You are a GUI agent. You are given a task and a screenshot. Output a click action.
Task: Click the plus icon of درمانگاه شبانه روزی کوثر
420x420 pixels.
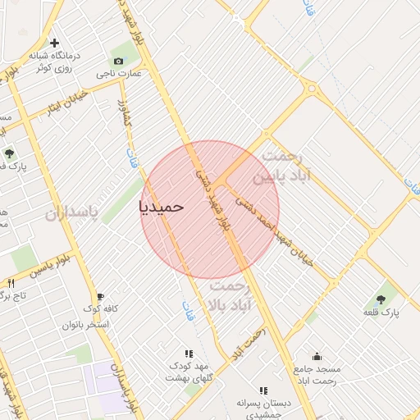[x=55, y=43]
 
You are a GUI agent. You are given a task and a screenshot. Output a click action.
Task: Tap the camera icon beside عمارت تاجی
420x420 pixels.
[x=119, y=62]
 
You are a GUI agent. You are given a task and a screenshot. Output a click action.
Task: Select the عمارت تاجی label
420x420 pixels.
[x=119, y=73]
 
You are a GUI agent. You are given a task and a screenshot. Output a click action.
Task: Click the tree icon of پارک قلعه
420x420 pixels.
[x=381, y=300]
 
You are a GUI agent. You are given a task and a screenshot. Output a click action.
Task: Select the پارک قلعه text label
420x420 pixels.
[x=381, y=313]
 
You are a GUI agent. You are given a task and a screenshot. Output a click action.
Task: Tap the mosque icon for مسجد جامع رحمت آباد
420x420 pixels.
[x=317, y=356]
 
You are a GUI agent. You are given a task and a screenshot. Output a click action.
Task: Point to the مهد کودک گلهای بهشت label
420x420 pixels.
[x=189, y=371]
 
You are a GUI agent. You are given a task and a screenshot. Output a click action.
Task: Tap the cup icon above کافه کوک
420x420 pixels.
[x=100, y=297]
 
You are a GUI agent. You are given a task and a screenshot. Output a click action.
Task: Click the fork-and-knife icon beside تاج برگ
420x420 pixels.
[x=11, y=283]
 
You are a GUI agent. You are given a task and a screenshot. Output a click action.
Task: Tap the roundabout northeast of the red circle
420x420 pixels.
[x=312, y=88]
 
